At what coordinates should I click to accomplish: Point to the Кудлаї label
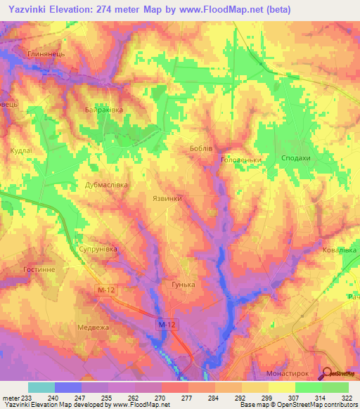coord(18,150)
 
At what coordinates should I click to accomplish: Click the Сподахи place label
coord(295,159)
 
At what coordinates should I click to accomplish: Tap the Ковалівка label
coord(339,249)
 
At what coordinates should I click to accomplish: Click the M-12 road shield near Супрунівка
coord(105,290)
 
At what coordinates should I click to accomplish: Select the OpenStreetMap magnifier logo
coord(328,375)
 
